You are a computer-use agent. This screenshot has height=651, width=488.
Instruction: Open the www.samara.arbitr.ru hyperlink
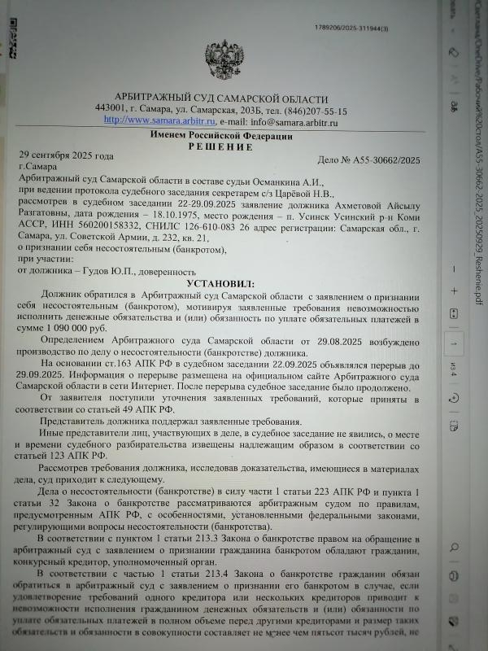(153, 120)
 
